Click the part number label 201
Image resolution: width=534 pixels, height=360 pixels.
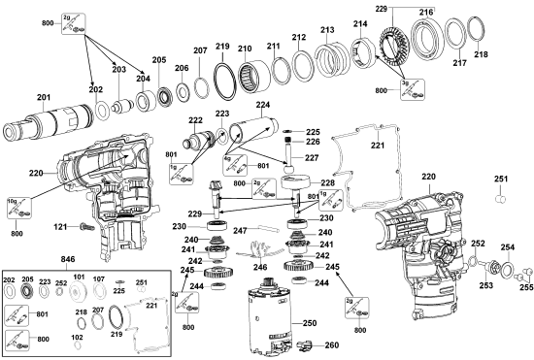click(43, 96)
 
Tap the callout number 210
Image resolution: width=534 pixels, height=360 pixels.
click(245, 48)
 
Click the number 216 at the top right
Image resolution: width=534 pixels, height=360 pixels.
click(425, 12)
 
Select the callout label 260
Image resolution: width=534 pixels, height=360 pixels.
click(331, 345)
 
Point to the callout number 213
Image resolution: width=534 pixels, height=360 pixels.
click(327, 30)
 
